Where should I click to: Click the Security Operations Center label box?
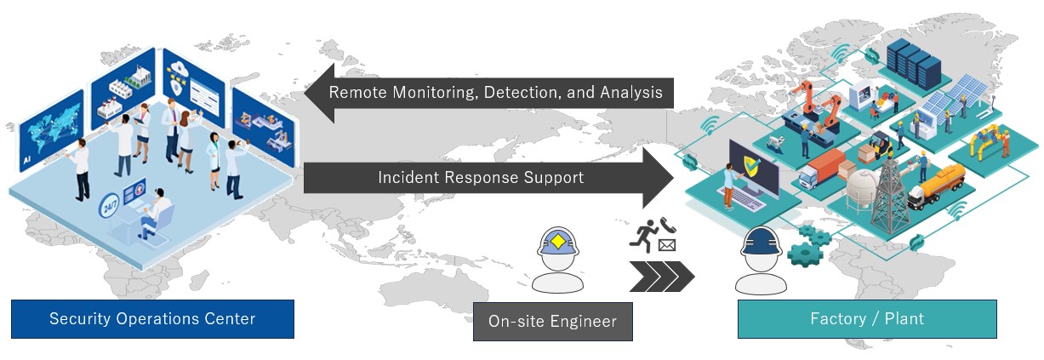[152, 319]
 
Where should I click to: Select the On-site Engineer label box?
[552, 322]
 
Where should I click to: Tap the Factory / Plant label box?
[866, 319]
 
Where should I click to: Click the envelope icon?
[666, 246]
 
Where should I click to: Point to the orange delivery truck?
[820, 171]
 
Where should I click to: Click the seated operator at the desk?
[152, 212]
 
